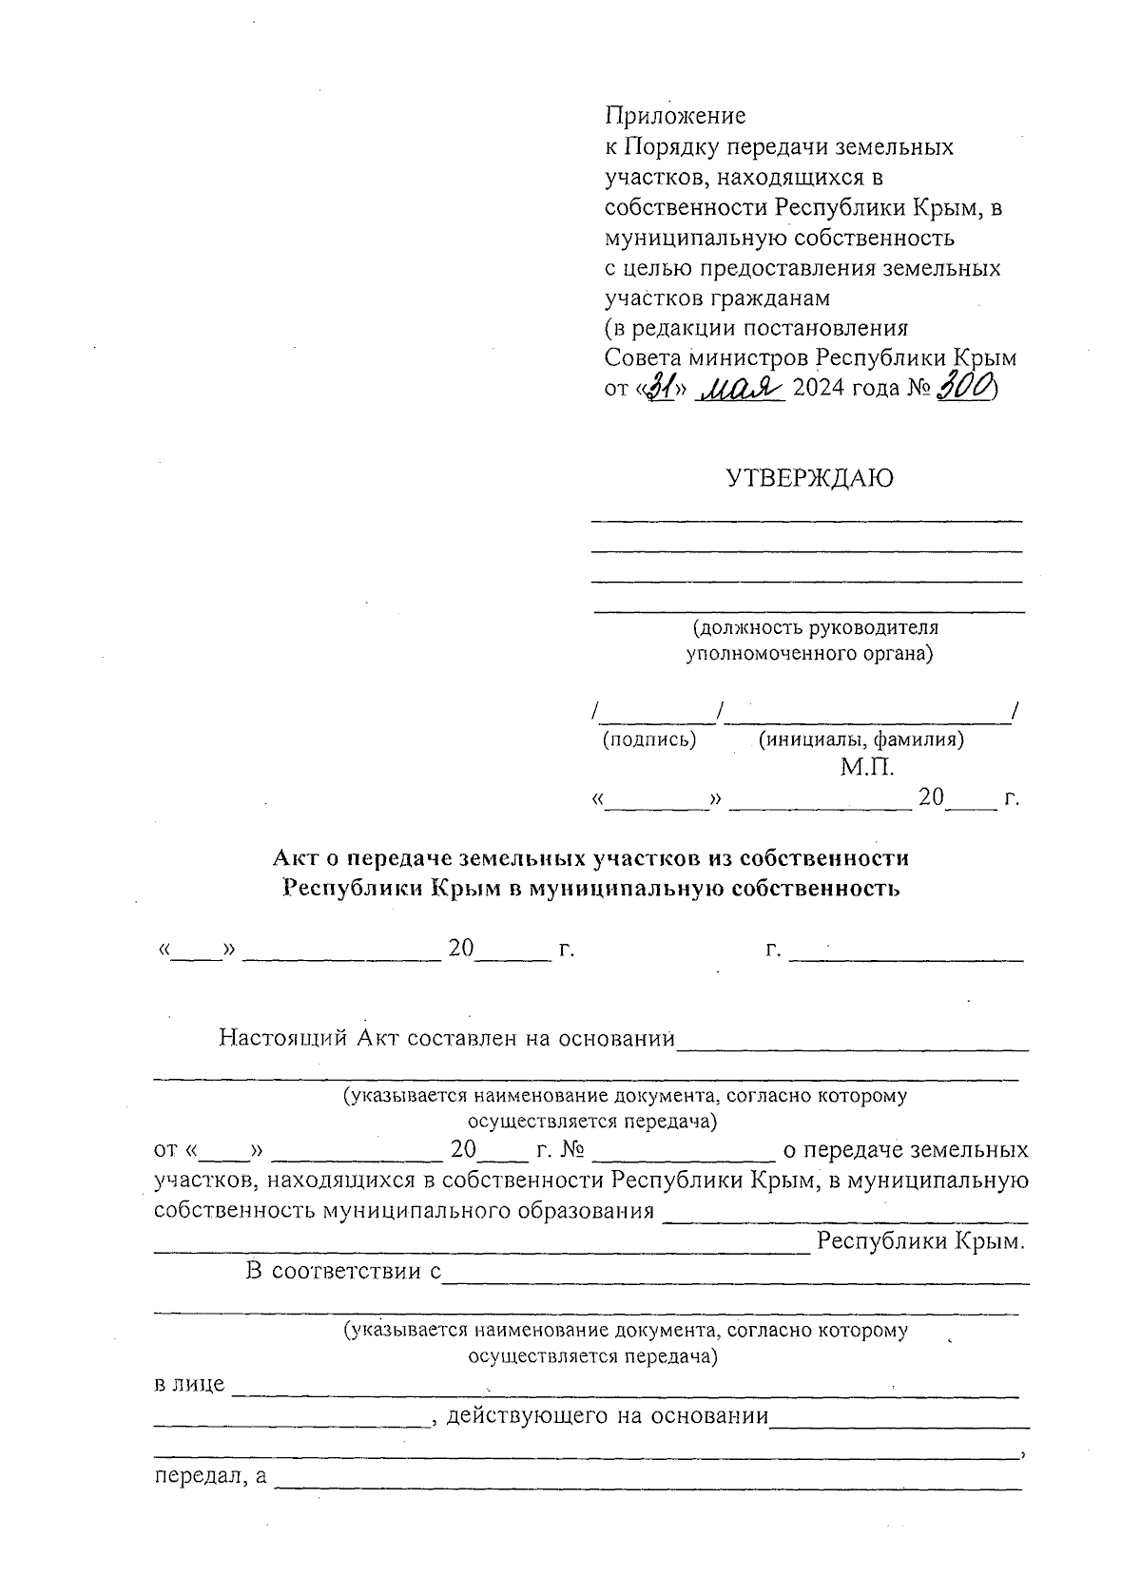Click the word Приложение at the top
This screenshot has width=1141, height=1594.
tap(675, 116)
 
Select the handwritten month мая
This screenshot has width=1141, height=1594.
tap(740, 387)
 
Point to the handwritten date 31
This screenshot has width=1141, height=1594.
tap(661, 387)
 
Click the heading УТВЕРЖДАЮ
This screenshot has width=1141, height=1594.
tap(809, 478)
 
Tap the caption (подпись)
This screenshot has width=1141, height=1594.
tap(649, 739)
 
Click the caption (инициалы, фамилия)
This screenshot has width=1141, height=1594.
tap(861, 739)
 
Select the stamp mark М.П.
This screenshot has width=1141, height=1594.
tap(867, 767)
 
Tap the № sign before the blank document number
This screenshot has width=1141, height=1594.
tap(571, 1150)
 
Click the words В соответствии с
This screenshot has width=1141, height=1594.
tap(343, 1271)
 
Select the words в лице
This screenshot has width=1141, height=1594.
tap(189, 1384)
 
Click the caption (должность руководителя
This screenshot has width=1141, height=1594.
tap(815, 628)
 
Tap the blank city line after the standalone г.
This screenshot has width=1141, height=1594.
tap(905, 951)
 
